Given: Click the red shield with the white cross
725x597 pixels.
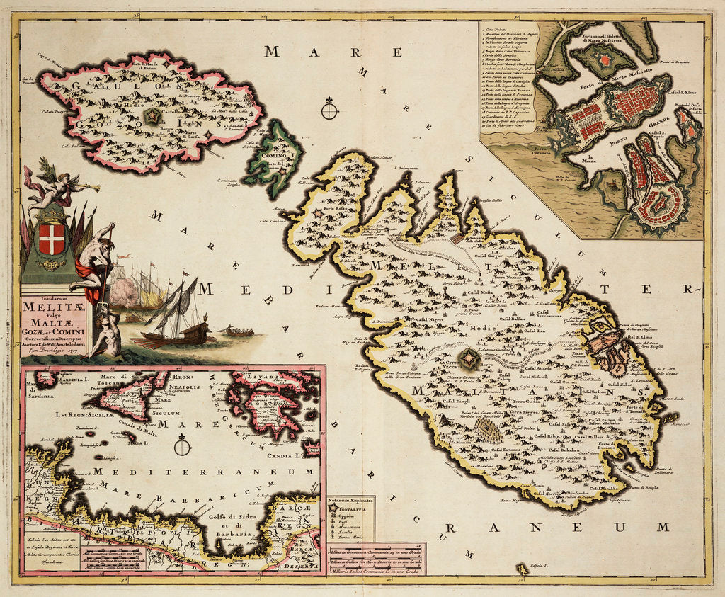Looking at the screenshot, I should (x=50, y=239).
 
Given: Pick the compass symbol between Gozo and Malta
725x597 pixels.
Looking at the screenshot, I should (x=329, y=110).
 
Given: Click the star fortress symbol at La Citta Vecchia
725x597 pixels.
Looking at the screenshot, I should (x=469, y=360).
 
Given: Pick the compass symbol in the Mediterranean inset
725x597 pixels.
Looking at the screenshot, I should (x=183, y=446).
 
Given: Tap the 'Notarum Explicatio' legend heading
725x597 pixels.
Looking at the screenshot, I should (x=349, y=501).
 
